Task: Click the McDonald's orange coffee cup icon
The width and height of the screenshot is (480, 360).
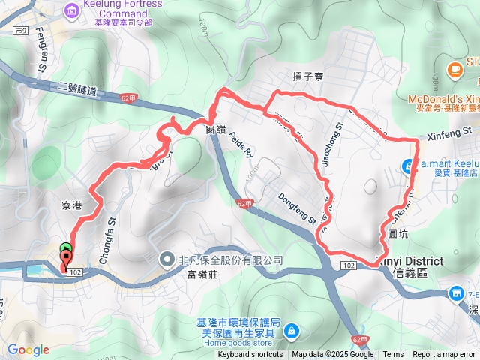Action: [x=454, y=70]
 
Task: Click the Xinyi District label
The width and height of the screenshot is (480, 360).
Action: [x=417, y=261]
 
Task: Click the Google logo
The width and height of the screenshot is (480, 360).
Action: [x=28, y=350]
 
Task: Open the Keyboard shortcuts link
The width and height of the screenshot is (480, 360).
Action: [x=250, y=355]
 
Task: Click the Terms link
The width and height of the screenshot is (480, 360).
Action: [x=393, y=355]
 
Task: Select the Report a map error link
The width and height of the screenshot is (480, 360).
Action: [x=444, y=355]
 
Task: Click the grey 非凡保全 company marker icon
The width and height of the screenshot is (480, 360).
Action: [x=167, y=259]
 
